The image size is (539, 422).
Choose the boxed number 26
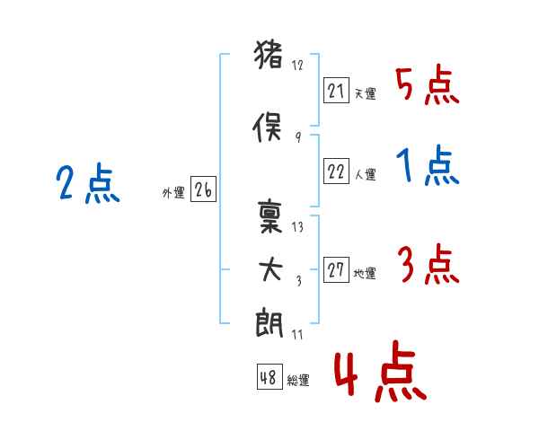[203, 190]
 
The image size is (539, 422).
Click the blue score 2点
[87, 185]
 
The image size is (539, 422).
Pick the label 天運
[365, 94]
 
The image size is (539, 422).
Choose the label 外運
[173, 192]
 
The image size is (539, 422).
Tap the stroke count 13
[297, 227]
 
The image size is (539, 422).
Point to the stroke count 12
[297, 66]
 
